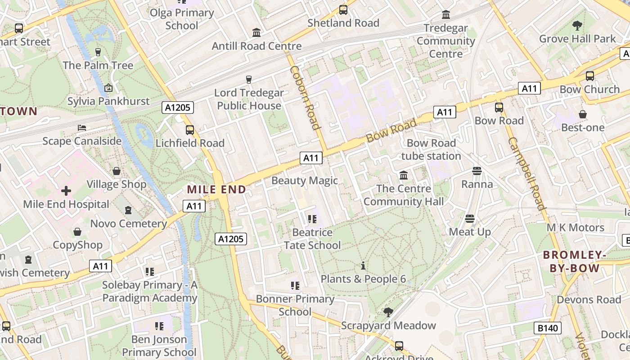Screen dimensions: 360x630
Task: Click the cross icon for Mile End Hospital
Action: pos(66,191)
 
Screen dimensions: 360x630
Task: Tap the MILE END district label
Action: pos(216,190)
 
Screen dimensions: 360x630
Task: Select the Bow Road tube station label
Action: pos(431,149)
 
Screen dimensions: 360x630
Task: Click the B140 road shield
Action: pos(548,328)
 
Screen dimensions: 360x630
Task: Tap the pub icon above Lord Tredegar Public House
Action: pos(248,80)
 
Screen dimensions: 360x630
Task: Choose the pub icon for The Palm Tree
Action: pos(98,52)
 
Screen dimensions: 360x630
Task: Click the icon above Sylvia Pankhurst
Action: pos(108,88)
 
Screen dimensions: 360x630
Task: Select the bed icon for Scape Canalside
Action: pos(81,128)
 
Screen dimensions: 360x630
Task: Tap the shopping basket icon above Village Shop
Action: pos(117,171)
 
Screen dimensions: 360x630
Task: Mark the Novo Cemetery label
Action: pos(129,224)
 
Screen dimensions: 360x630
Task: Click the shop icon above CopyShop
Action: pos(77,232)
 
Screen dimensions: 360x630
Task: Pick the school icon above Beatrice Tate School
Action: pos(312,219)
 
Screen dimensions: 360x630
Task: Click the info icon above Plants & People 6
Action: pos(363,265)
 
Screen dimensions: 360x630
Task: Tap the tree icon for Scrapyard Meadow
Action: pos(388,312)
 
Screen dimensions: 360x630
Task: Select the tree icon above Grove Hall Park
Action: pos(577,26)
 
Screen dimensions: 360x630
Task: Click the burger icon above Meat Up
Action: pos(470,219)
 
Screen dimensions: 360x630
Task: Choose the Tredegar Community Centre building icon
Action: pos(446,15)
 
